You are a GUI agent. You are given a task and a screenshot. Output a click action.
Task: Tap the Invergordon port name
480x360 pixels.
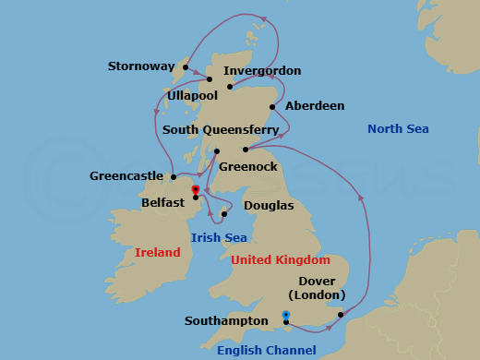(262, 71)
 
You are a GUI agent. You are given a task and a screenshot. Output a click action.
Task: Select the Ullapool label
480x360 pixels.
(193, 95)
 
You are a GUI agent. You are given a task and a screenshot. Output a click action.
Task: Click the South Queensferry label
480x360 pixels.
(221, 130)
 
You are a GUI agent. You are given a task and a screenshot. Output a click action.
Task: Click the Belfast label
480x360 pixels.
(164, 199)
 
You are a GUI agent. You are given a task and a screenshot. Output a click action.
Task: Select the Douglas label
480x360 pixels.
(269, 205)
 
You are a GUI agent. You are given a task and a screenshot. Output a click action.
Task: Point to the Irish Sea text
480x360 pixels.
(217, 238)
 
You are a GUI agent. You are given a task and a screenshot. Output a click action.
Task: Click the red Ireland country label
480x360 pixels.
(157, 252)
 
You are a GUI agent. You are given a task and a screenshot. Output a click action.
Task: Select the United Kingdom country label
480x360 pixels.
(280, 260)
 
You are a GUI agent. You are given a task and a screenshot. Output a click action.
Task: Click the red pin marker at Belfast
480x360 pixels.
(196, 191)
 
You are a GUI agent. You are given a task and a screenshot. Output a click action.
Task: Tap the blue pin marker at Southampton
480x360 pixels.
(286, 317)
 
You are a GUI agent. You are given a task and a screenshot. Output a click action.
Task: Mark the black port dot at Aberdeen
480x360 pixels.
(272, 107)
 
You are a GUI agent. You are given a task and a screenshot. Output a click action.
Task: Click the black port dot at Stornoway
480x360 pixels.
(185, 66)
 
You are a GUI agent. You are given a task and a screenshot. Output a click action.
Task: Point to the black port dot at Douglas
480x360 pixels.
(224, 214)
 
